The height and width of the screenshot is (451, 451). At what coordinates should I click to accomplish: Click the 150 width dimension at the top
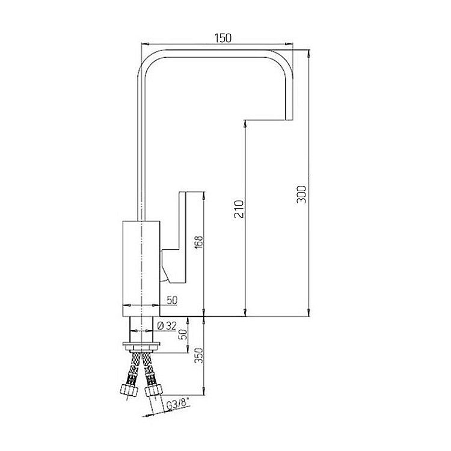click(x=223, y=38)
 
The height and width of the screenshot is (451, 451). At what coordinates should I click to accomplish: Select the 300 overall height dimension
click(x=301, y=194)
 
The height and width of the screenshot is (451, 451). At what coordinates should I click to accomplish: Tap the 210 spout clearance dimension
click(x=239, y=209)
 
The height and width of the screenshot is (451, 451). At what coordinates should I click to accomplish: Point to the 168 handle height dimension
click(x=199, y=242)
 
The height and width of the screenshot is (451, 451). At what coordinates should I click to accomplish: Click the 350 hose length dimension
click(x=199, y=355)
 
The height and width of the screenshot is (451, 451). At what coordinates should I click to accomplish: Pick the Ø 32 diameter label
click(x=167, y=325)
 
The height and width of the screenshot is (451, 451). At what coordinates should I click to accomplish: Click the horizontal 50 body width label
click(x=172, y=300)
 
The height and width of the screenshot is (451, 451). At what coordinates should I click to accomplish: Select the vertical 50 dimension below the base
click(x=183, y=334)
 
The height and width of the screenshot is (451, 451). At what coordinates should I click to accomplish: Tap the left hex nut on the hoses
click(x=129, y=390)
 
